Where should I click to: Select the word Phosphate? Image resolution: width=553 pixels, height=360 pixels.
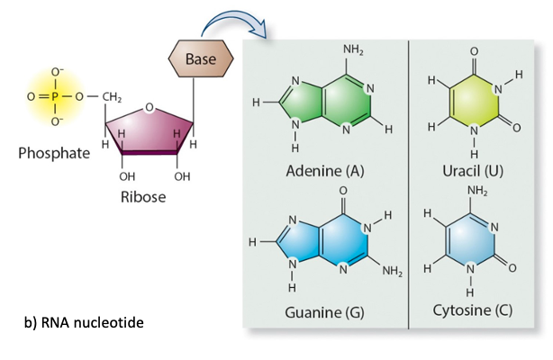(54, 153)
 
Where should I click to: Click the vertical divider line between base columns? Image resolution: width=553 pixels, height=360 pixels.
(410, 180)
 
